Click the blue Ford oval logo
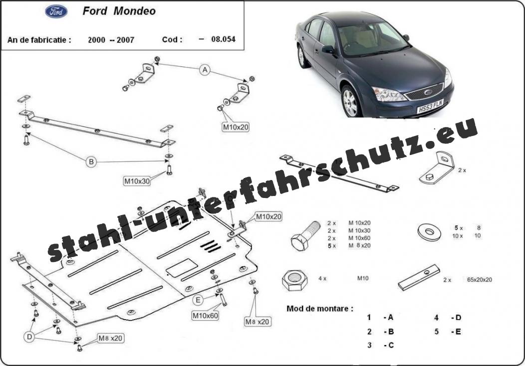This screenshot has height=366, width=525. [56, 11]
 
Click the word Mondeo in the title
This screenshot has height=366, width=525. [135, 11]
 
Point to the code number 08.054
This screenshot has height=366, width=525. [224, 39]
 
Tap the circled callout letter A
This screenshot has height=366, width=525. [205, 70]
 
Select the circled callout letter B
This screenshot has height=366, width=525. [91, 162]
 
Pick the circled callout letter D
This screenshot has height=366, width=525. [30, 336]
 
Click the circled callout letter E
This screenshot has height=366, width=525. [198, 300]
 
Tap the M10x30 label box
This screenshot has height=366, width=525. [137, 181]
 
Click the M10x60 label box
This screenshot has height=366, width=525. [205, 315]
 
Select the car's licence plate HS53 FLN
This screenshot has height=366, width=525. [430, 106]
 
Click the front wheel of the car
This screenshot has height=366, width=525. [351, 101]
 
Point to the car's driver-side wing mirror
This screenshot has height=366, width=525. [328, 49]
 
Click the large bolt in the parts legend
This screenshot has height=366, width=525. [305, 235]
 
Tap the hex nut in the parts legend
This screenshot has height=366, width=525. [294, 280]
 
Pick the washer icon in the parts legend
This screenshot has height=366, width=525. [429, 231]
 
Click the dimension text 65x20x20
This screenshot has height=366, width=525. [480, 279]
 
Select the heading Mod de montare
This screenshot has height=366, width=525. [320, 308]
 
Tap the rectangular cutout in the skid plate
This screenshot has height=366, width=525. [182, 267]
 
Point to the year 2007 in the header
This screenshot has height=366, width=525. [125, 40]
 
